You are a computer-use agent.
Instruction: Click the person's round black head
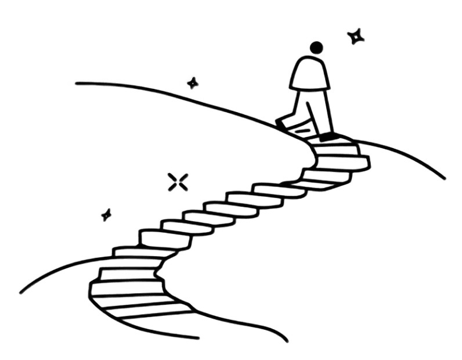tap(316, 47)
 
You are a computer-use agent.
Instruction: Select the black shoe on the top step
tap(327, 138)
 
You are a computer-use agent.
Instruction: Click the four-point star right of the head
tap(355, 36)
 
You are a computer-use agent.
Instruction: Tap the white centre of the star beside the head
tap(355, 36)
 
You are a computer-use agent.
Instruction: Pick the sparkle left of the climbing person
tap(192, 81)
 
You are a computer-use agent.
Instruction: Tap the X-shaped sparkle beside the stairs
tap(175, 181)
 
